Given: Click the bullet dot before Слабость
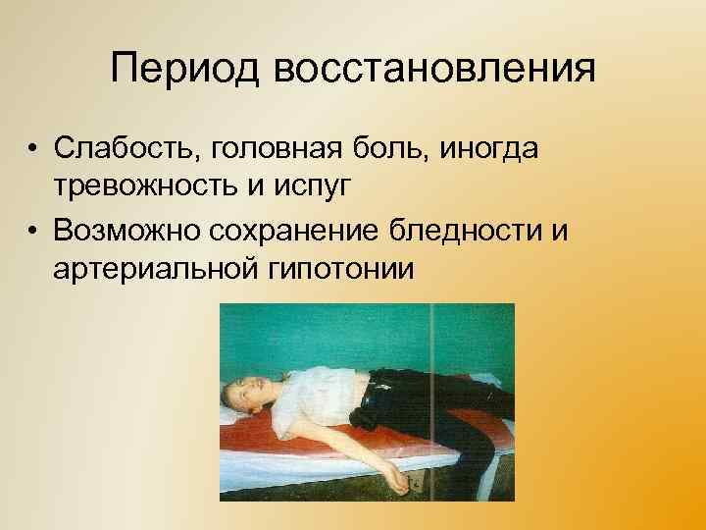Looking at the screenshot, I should pos(32,150).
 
